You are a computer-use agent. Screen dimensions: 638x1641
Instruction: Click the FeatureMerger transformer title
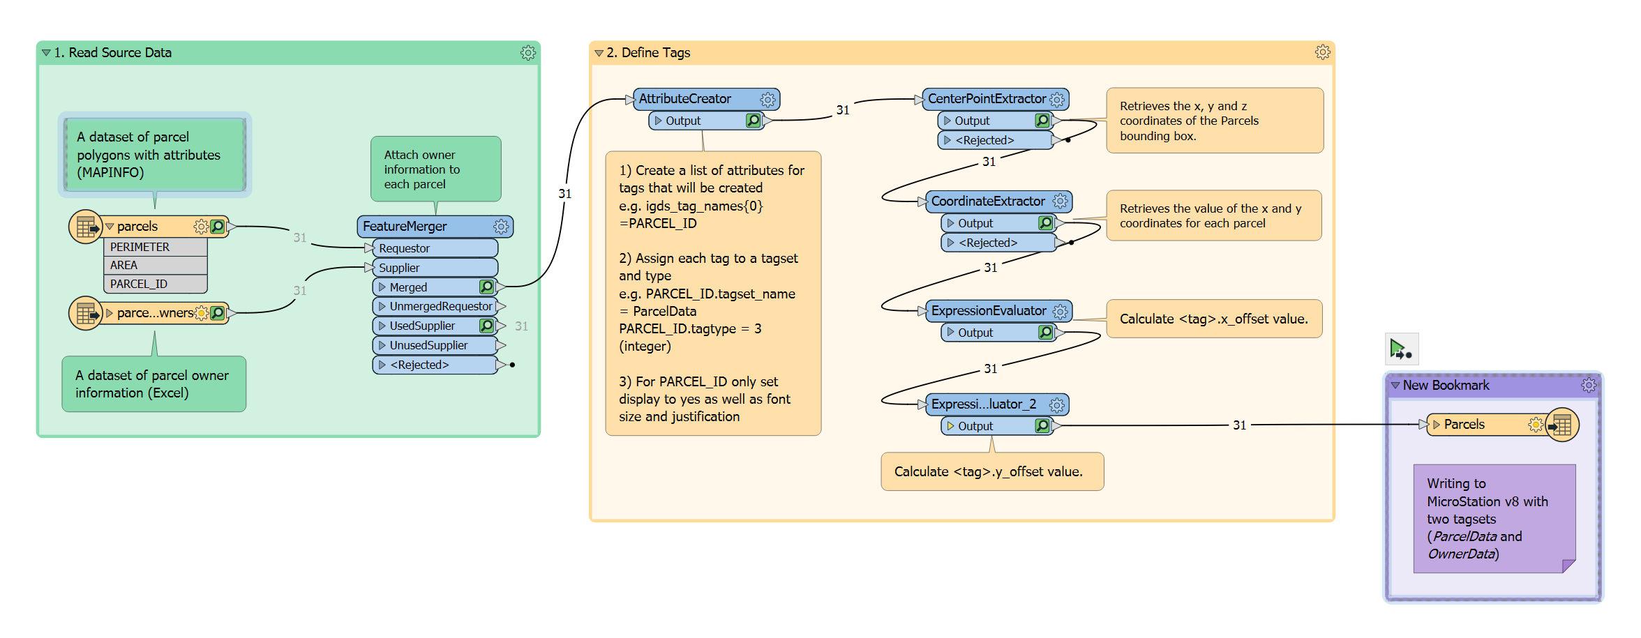405,227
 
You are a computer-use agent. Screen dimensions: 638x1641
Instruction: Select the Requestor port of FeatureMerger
404,248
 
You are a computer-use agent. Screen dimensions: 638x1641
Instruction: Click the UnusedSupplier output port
428,345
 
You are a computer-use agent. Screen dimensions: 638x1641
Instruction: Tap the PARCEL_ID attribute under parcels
139,284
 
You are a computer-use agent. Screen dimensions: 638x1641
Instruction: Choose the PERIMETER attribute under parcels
140,247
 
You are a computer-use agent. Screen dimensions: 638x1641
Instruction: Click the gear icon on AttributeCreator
767,100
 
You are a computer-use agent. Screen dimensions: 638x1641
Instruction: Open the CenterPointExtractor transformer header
986,99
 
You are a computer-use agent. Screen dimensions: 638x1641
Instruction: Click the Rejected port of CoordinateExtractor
987,243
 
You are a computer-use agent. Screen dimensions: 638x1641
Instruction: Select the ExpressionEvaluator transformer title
988,311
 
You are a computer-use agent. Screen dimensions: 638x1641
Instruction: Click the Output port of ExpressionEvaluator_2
975,426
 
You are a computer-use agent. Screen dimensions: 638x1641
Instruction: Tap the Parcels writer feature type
1464,425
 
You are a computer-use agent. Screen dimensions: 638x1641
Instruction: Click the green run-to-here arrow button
1400,349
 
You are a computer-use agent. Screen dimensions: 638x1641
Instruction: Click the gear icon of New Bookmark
1589,386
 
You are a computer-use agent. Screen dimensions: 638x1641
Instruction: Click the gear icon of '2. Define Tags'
1322,53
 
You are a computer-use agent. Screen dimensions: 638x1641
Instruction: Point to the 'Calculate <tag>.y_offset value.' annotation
988,472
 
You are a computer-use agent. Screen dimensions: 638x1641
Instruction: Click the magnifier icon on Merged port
486,287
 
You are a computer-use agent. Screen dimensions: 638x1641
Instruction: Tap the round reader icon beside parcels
86,227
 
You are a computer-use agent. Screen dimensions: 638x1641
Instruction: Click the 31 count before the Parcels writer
1239,425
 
